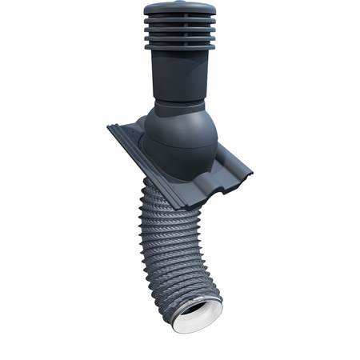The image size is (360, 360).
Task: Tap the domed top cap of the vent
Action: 181,10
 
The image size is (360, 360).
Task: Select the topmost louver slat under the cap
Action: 181,25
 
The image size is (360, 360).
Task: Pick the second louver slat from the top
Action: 181,34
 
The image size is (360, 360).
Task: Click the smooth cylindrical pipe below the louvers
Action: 181,80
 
